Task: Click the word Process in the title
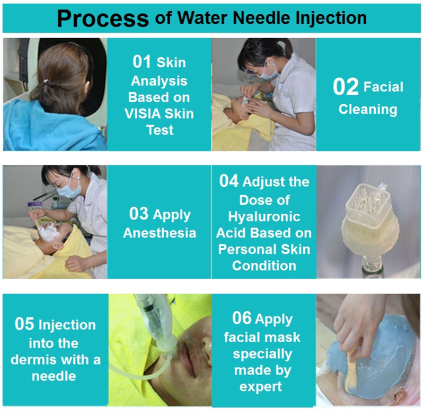tap(103, 19)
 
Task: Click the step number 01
tap(142, 61)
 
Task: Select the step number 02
tap(346, 87)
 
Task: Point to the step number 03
tap(139, 214)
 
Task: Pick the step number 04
tap(229, 181)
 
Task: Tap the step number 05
tap(24, 324)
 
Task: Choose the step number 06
tap(242, 318)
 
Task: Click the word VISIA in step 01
tap(143, 114)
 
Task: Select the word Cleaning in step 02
tap(368, 110)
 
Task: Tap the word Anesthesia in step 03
tap(160, 233)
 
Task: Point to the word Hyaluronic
tap(264, 217)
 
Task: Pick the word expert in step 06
tap(261, 387)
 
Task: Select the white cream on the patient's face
tap(49, 232)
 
